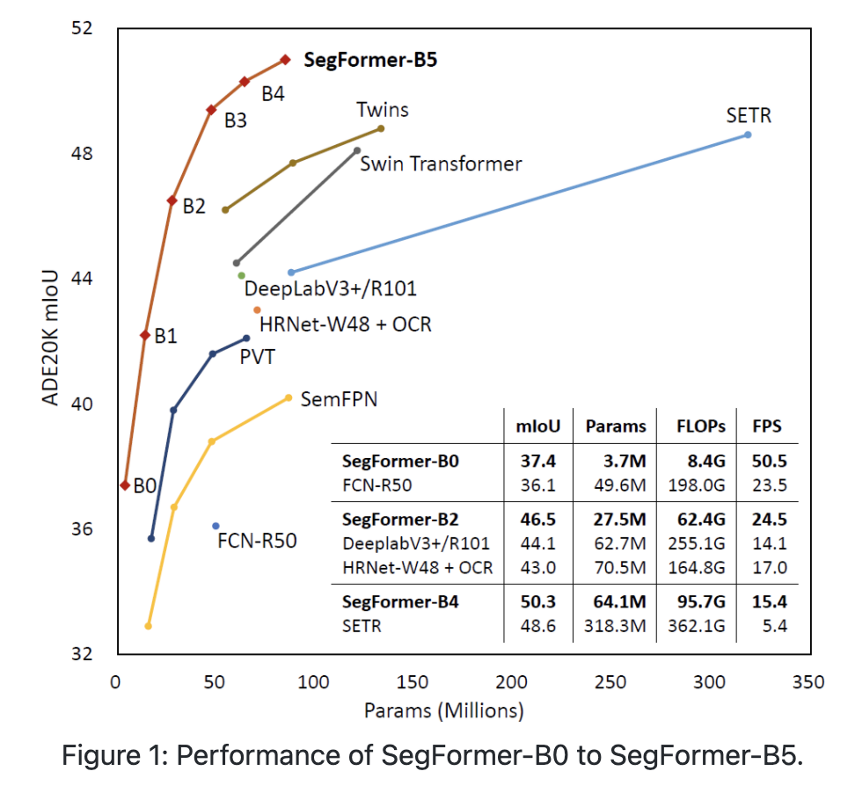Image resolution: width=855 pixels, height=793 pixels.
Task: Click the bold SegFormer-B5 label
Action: pyautogui.click(x=370, y=61)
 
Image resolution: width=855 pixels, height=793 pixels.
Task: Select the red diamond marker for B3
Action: pyautogui.click(x=211, y=110)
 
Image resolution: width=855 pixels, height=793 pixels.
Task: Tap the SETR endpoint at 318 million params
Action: pyautogui.click(x=748, y=135)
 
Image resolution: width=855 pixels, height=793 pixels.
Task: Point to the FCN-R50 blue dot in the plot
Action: pyautogui.click(x=216, y=526)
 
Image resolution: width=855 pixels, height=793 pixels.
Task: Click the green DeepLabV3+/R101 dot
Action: pyautogui.click(x=241, y=275)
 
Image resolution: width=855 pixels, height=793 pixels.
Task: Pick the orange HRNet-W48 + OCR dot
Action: pyautogui.click(x=257, y=309)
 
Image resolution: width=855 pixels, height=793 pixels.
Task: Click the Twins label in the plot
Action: pyautogui.click(x=383, y=110)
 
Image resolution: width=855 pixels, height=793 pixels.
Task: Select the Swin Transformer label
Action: pyautogui.click(x=441, y=164)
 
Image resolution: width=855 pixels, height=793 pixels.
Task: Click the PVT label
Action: pyautogui.click(x=257, y=357)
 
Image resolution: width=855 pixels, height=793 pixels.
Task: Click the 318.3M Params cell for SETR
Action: pyautogui.click(x=614, y=625)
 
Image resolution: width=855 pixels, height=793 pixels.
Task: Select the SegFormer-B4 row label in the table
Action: pyautogui.click(x=400, y=602)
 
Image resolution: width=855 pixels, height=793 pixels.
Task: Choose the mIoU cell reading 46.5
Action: pyautogui.click(x=538, y=520)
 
